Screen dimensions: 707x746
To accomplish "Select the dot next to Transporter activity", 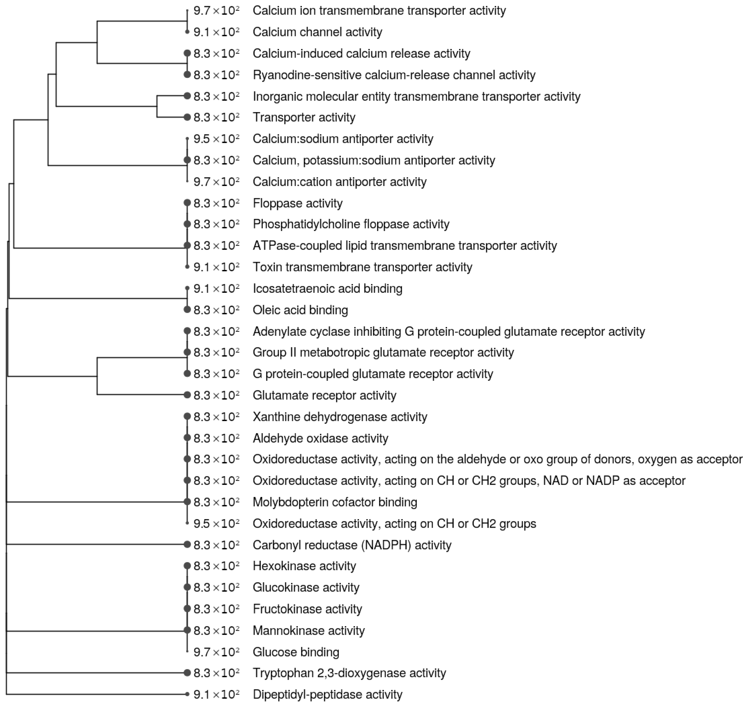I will (187, 117).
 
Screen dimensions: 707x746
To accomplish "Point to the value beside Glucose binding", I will (216, 652).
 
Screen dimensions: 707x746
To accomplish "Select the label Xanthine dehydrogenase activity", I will (340, 417).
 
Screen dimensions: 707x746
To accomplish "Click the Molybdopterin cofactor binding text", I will (335, 502).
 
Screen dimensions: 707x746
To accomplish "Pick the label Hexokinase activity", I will (304, 566).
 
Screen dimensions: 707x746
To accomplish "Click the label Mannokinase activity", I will (308, 631).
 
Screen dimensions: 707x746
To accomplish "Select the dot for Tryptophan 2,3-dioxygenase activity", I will (187, 673).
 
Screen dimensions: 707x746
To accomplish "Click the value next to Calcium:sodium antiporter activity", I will (216, 139).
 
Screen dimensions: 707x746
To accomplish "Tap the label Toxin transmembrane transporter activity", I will (362, 267).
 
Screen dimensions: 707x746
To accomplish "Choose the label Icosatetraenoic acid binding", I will (327, 289).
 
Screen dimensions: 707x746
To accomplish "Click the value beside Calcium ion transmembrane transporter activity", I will (216, 10).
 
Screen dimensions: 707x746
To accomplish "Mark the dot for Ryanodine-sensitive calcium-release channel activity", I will (187, 75).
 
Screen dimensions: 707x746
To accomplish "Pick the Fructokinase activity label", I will (307, 609).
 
